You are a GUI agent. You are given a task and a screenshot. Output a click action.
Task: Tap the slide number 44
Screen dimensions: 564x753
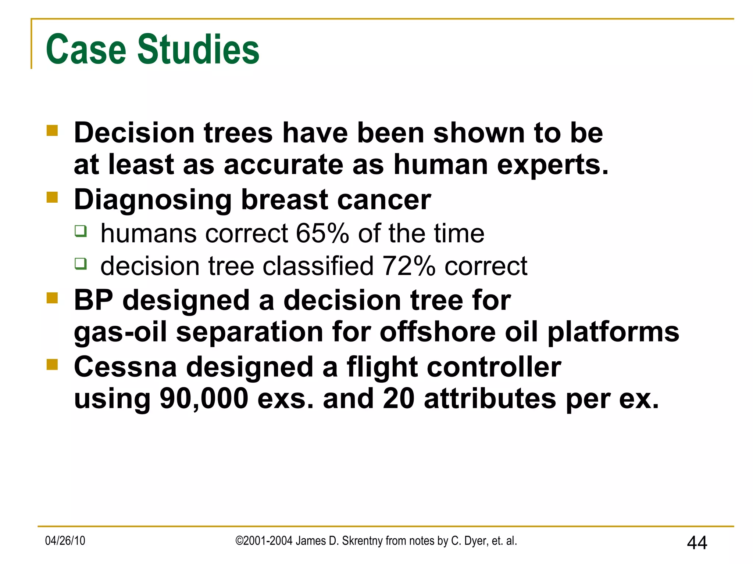coord(697,543)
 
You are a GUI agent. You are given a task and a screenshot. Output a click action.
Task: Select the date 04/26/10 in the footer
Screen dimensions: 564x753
coord(65,540)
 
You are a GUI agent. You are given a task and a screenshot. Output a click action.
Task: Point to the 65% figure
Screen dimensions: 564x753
coord(322,233)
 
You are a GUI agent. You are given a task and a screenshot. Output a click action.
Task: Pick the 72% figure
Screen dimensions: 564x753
coord(409,265)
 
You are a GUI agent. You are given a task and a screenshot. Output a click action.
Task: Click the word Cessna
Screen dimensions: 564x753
coord(125,367)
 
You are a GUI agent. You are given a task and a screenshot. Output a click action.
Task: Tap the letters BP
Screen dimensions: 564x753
coord(93,300)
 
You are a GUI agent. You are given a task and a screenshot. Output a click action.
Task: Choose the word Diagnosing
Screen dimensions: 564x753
coord(153,200)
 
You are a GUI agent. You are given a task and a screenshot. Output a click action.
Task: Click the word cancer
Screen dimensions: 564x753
coord(384,200)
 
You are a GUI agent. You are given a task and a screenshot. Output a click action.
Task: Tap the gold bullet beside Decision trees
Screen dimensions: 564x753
coord(53,131)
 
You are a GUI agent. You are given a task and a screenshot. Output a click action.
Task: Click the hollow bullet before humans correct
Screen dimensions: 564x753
coord(81,231)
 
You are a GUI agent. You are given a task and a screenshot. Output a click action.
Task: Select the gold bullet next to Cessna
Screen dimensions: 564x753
coord(53,365)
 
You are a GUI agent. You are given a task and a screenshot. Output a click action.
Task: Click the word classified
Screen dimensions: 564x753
coord(318,265)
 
